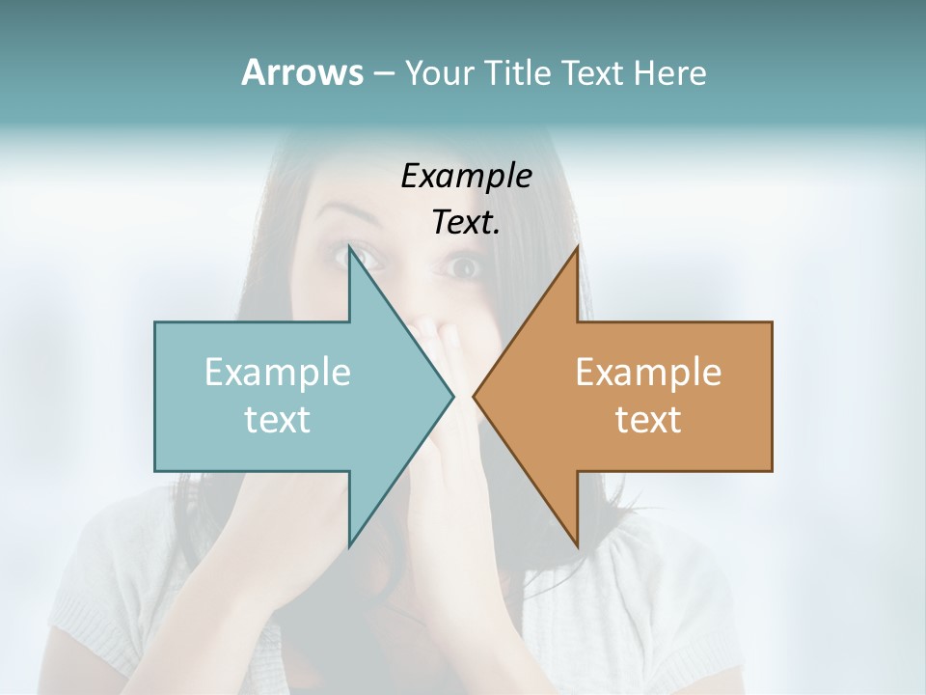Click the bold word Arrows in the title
tap(302, 72)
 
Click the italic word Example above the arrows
tap(467, 176)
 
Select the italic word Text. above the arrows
tap(467, 223)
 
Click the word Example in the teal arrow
tap(278, 372)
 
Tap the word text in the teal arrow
tap(278, 419)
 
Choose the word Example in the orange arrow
tap(648, 372)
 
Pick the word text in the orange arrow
tap(648, 419)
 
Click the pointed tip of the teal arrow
tap(452, 396)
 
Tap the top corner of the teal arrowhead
tap(351, 248)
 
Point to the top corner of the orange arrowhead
tap(577, 248)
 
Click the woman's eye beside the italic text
tap(464, 265)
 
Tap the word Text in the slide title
tap(592, 73)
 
